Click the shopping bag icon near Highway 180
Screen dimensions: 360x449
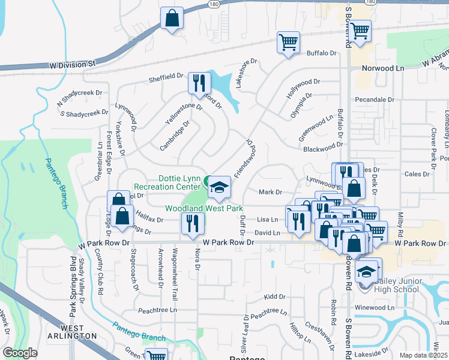[x=172, y=19]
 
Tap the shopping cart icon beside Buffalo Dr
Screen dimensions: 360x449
[x=288, y=43]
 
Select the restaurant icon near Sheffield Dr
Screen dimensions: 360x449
[x=199, y=83]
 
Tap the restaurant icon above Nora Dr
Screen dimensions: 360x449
[x=193, y=224]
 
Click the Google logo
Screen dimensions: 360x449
[x=20, y=353]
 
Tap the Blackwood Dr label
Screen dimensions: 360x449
[x=322, y=149]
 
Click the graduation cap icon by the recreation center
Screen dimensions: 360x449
[x=220, y=187]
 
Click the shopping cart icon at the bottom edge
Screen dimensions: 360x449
[x=157, y=356]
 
